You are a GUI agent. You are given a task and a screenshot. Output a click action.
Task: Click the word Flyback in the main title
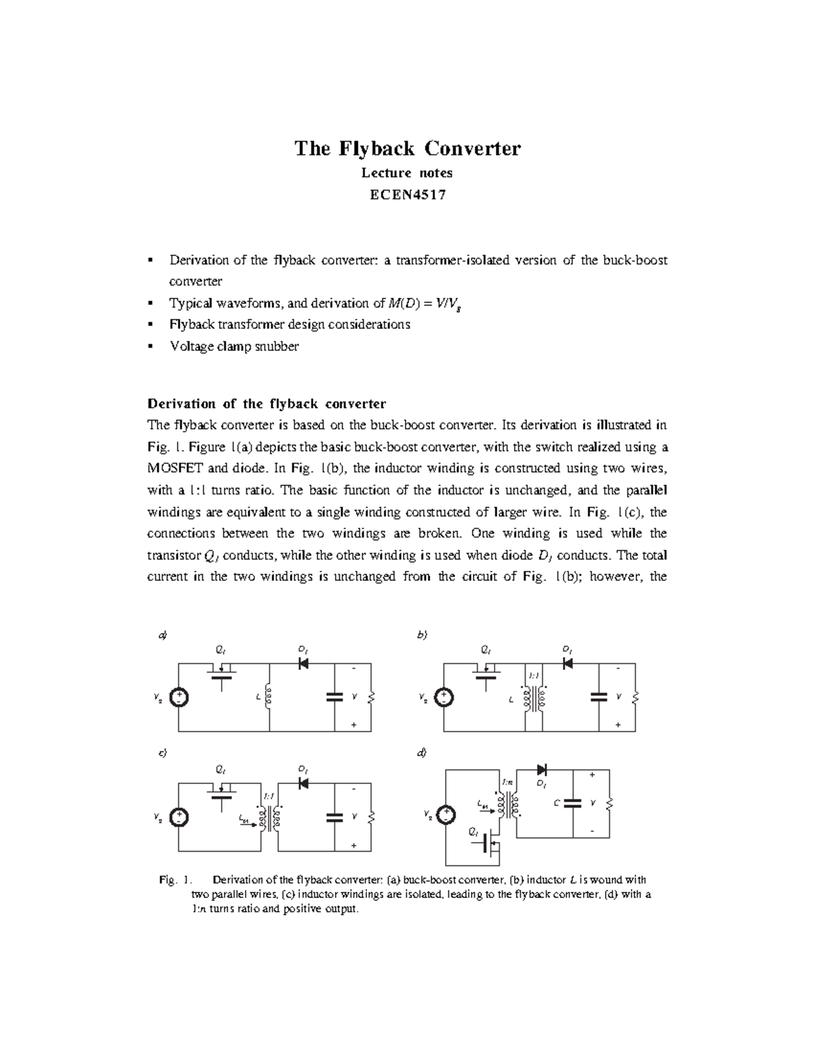(x=374, y=149)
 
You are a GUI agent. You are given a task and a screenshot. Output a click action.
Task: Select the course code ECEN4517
(x=407, y=195)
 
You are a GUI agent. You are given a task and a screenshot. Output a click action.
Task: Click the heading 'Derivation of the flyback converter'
(x=267, y=404)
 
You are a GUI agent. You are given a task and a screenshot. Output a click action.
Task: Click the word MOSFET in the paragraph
(x=176, y=468)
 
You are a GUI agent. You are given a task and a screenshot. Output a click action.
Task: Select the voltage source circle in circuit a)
(x=179, y=698)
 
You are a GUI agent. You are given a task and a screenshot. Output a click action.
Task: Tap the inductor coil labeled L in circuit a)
(x=269, y=697)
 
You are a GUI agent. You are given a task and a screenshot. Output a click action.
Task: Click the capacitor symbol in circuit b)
(x=598, y=697)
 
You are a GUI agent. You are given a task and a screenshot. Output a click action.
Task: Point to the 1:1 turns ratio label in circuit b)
(x=533, y=676)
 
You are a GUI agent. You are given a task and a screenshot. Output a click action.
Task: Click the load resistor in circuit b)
(x=636, y=697)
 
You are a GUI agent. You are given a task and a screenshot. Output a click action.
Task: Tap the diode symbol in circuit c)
(x=304, y=783)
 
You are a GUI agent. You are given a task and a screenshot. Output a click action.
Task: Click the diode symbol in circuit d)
(x=542, y=770)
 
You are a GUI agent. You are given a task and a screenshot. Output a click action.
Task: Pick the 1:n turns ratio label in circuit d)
(x=509, y=783)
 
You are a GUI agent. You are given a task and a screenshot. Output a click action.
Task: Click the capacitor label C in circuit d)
(x=556, y=803)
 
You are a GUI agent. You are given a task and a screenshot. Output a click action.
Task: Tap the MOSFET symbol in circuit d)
(x=490, y=844)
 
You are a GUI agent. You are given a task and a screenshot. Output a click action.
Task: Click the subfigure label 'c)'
(x=161, y=753)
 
